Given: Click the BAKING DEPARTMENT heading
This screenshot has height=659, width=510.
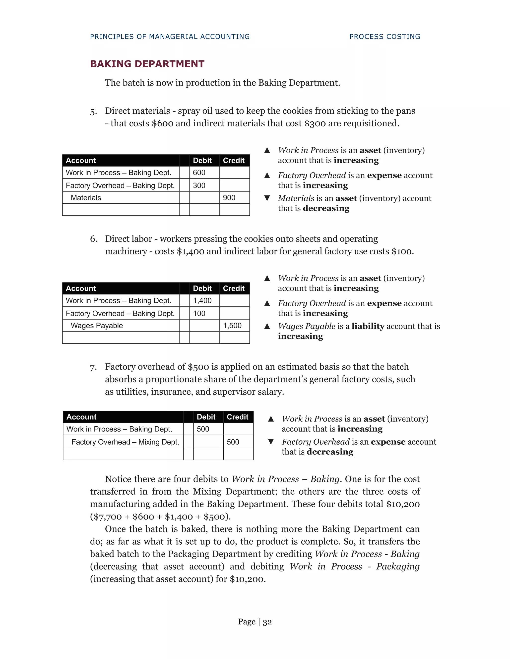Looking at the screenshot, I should tap(147, 64).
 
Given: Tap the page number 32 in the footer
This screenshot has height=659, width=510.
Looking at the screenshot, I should tap(267, 622).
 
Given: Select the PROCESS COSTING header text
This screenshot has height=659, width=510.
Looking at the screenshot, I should tap(384, 37).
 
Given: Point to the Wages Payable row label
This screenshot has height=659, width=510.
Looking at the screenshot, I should tap(97, 326).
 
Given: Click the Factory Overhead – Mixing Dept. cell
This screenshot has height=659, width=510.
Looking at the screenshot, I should tap(125, 442).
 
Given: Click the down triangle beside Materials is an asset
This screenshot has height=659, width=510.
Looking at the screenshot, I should tap(267, 198).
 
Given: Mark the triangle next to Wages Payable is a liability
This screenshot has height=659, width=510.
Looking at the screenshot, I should tap(267, 326).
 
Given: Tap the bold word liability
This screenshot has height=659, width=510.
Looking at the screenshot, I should tap(368, 326).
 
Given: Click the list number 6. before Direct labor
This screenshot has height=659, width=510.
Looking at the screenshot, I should tap(94, 239).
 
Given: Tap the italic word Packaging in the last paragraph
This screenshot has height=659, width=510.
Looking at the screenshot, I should tap(398, 566).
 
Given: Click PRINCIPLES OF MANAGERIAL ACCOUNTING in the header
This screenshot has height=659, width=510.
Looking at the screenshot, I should tap(170, 37).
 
